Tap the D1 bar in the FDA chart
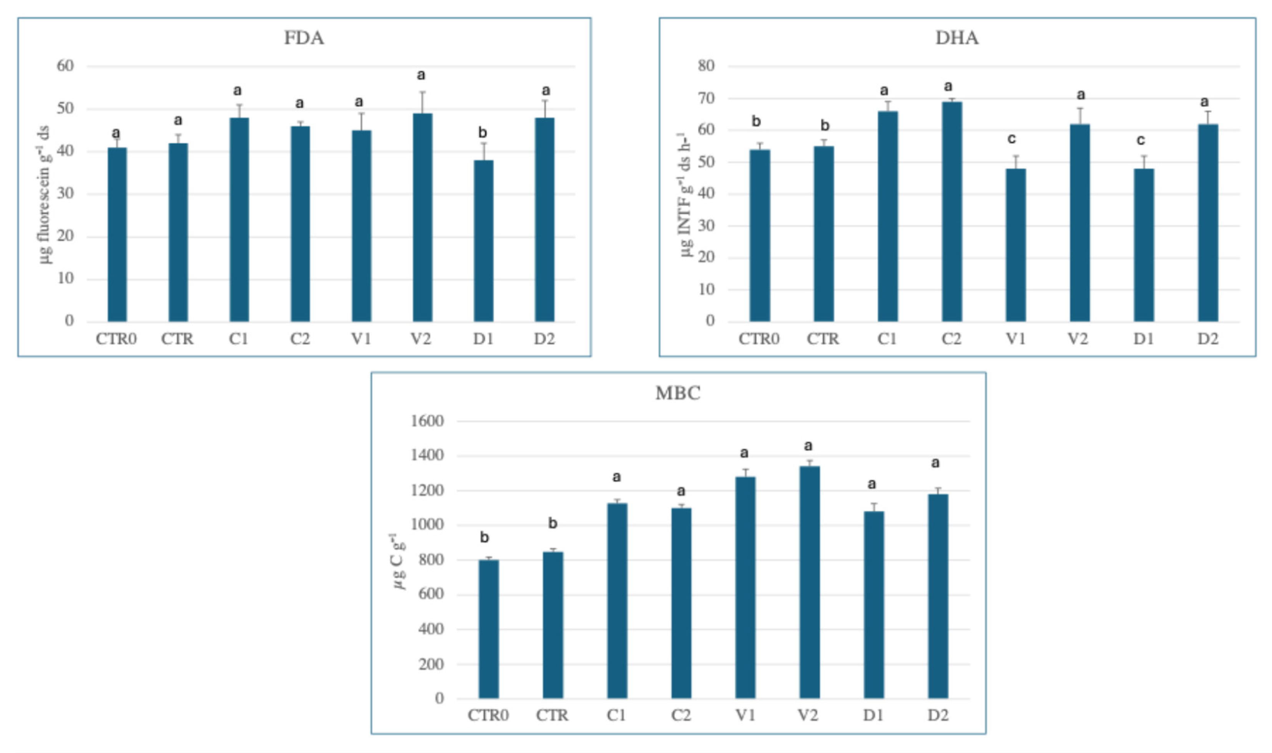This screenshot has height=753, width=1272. click(483, 240)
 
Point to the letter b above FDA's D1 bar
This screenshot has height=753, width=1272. click(482, 133)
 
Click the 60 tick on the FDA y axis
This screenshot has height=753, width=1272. click(65, 66)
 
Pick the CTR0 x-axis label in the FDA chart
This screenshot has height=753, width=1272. click(116, 339)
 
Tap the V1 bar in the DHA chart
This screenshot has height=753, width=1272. click(1016, 245)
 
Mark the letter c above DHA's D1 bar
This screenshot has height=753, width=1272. click(1140, 140)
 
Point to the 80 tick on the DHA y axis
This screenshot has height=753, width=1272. click(706, 66)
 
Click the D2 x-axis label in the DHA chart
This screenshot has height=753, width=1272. click(1208, 339)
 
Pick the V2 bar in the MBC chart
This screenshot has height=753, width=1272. click(810, 582)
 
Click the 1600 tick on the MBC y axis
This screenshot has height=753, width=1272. click(427, 421)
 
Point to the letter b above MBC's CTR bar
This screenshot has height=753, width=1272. click(553, 523)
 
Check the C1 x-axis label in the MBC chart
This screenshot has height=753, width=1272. click(616, 715)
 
